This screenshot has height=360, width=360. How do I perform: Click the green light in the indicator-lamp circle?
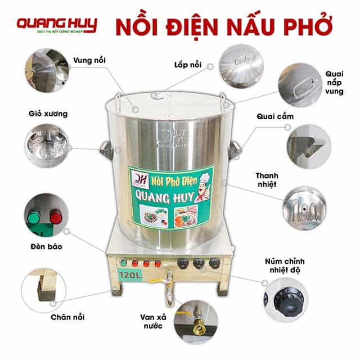(35, 216)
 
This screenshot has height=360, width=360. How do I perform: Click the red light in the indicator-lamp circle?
(56, 217)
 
